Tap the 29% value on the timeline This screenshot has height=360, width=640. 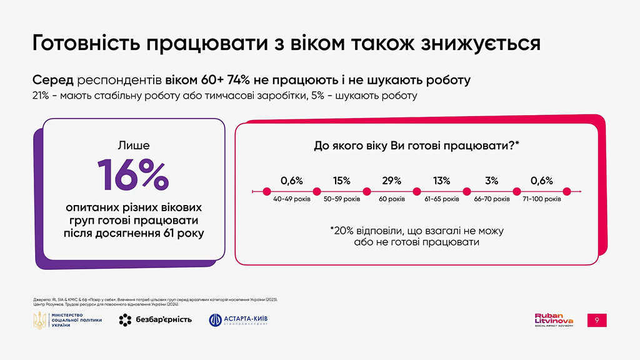click(391, 181)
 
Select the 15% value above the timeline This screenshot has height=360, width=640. click(341, 181)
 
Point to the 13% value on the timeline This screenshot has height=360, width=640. click(441, 181)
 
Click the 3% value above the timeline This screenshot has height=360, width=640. click(491, 181)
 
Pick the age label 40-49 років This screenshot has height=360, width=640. click(291, 199)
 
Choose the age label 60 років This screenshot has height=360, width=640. click(391, 199)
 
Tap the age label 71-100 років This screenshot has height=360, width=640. click(542, 199)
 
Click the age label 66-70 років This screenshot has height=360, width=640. click(492, 199)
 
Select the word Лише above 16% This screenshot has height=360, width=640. click(133, 146)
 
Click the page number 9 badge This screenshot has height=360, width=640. click(597, 320)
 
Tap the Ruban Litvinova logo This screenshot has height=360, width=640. click(554, 319)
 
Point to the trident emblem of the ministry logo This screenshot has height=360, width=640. click(39, 320)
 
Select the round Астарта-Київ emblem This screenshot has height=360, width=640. click(216, 320)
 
